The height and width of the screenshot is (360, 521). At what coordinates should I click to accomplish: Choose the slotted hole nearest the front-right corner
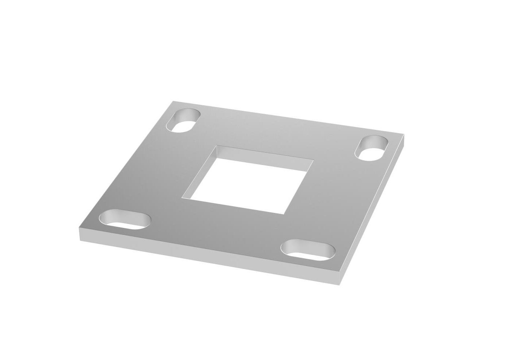308,250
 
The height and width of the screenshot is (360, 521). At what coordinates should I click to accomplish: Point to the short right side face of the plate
374,210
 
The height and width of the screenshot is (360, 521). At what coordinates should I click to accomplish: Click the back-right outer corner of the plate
404,135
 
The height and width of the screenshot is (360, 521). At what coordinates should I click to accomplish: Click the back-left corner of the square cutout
217,146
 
